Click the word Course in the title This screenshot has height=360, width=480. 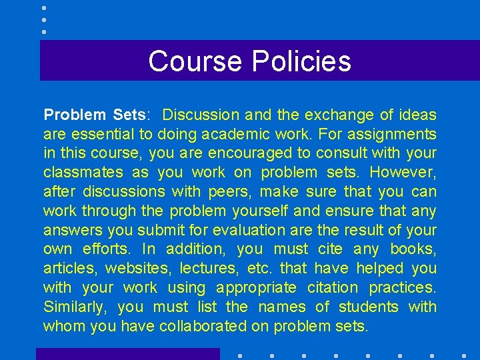coord(195,61)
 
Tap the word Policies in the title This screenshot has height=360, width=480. coord(301,61)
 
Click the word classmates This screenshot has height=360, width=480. coord(83,172)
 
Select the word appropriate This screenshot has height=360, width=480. coord(256,288)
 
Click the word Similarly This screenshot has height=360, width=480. coord(74,307)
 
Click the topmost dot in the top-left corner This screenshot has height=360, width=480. coord(44,8)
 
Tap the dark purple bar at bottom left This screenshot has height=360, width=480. coord(127,354)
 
